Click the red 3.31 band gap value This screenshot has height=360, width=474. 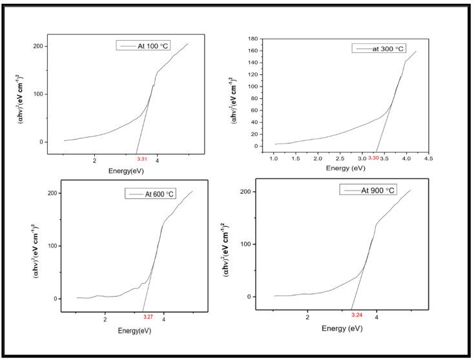[x=142, y=159]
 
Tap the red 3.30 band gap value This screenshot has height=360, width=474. [x=373, y=157]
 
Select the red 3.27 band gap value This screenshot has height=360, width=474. [x=148, y=317]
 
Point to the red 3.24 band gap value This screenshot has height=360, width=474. [x=357, y=314]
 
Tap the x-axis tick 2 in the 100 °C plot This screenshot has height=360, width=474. [x=94, y=160]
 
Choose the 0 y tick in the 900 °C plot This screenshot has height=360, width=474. [x=262, y=297]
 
